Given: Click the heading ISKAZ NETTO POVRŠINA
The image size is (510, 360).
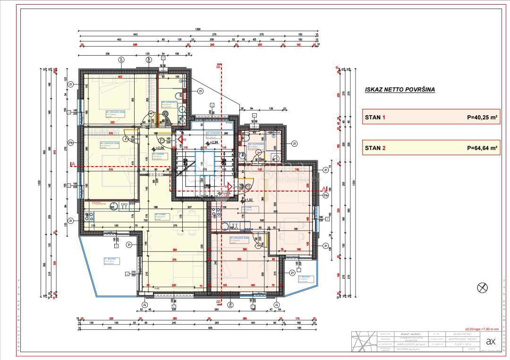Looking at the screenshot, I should point(399,89).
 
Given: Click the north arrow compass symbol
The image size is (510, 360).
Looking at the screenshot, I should point(483,287).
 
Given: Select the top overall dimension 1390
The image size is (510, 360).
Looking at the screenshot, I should point(198,30).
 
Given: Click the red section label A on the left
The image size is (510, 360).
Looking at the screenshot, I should point(71,164).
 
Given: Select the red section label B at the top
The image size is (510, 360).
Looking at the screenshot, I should point(218,67).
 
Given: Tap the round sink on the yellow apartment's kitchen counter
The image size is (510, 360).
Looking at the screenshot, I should point(113,207).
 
